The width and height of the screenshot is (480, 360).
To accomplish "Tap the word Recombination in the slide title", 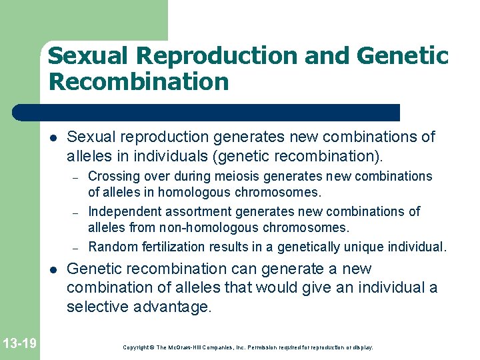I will [x=138, y=82].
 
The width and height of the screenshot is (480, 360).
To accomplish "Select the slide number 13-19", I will [x=20, y=343].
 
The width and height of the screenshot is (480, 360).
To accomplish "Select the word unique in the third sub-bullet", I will [x=365, y=247].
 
